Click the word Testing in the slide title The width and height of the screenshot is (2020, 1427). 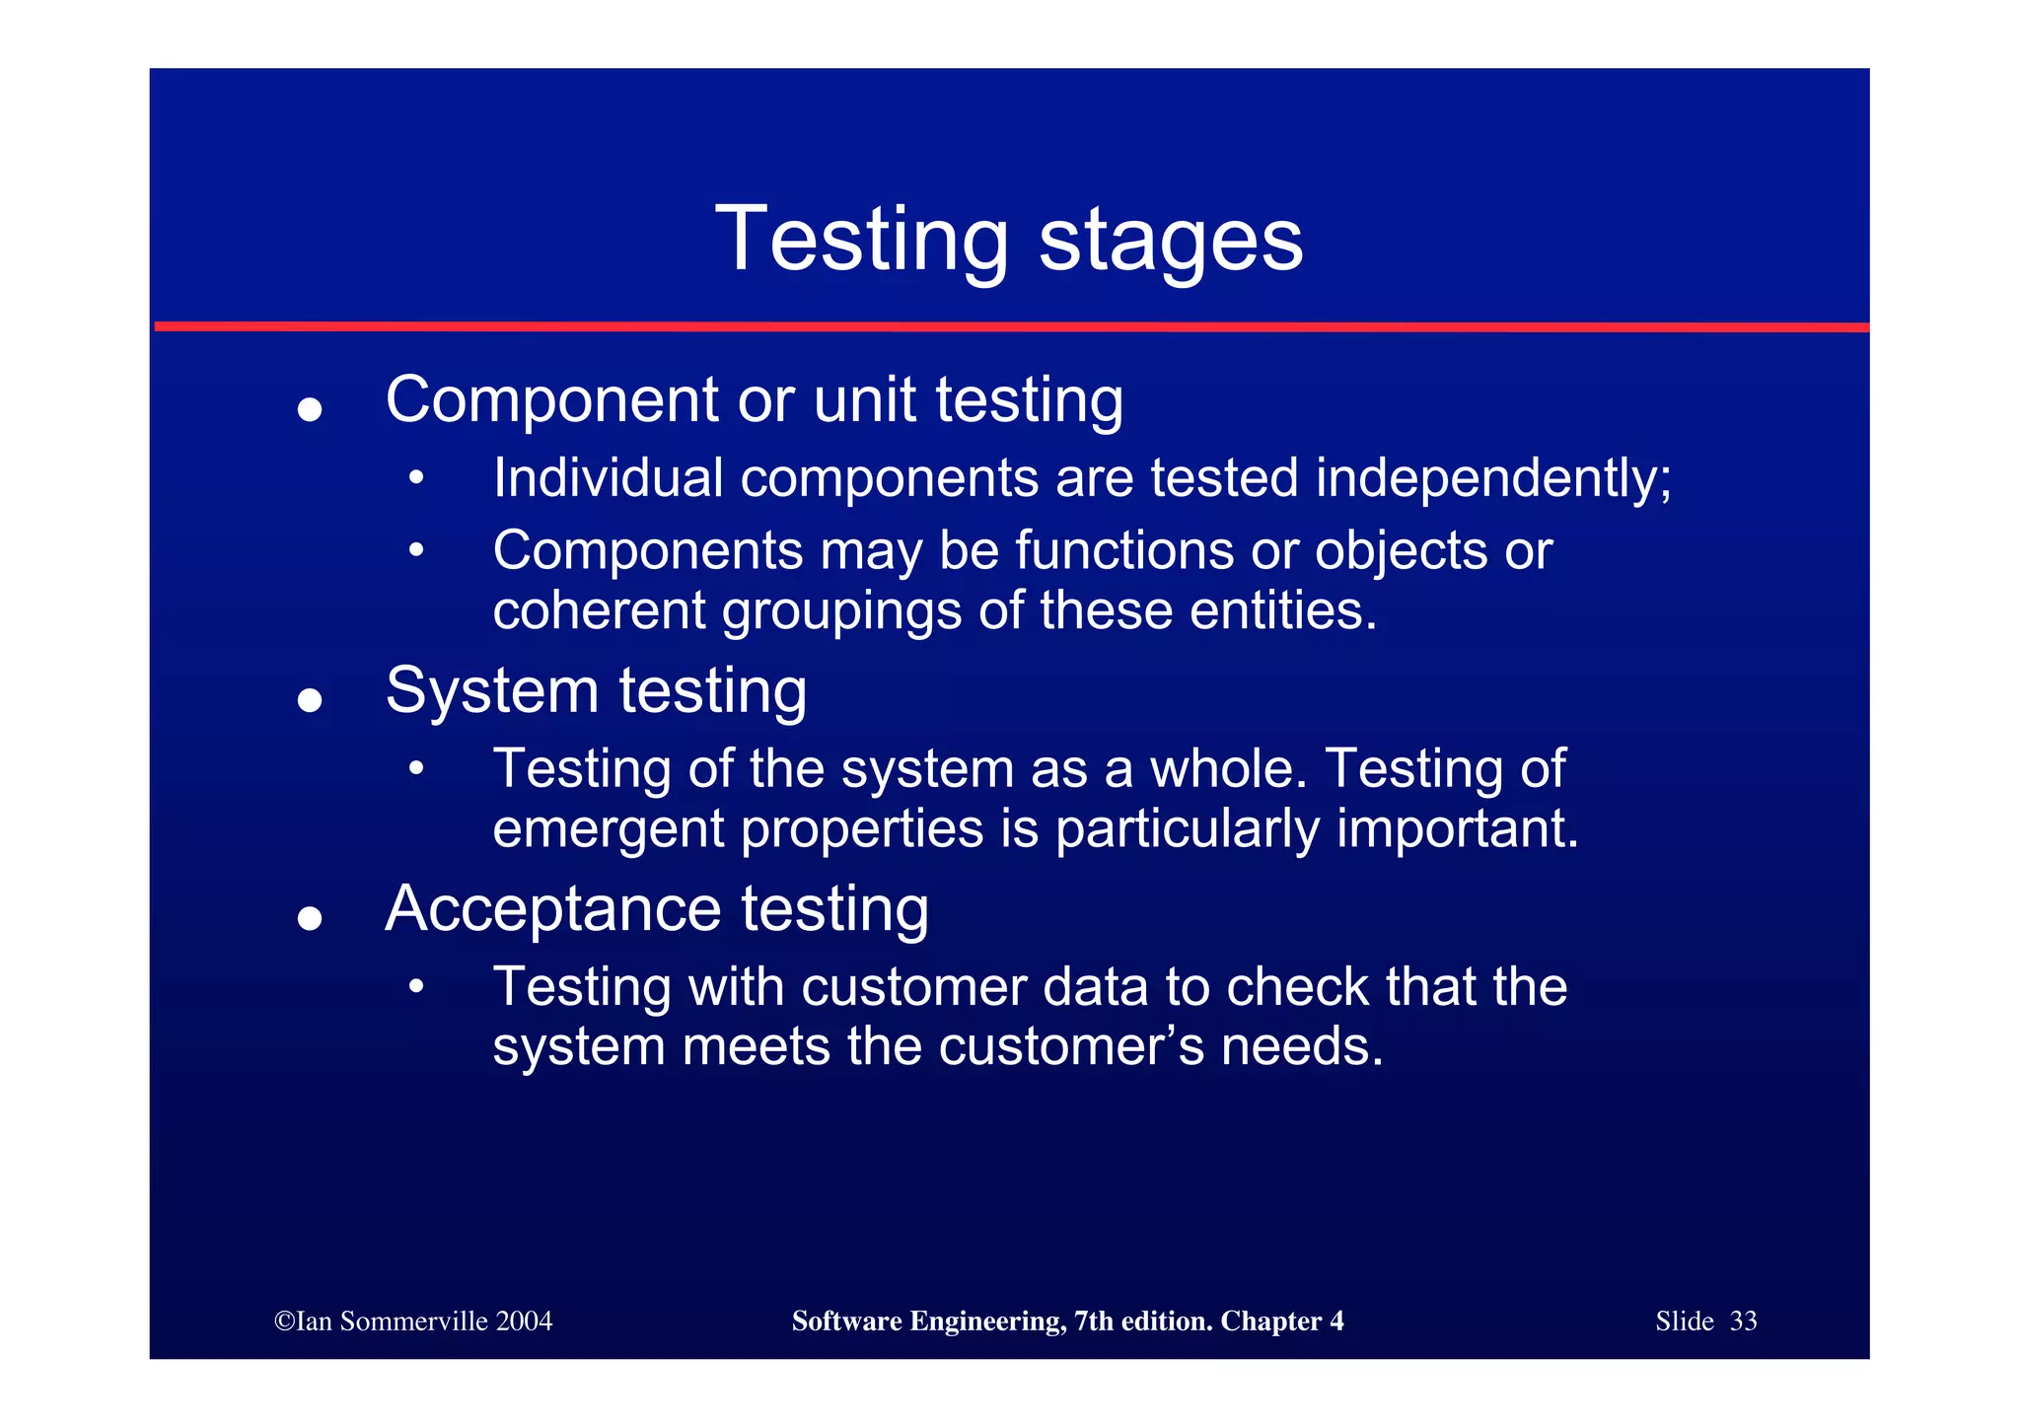861,240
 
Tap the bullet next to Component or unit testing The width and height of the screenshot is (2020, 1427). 310,409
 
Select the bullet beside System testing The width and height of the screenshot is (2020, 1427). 310,700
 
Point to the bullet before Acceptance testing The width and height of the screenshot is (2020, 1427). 310,918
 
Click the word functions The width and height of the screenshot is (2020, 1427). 1124,550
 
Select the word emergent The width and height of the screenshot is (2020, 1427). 609,828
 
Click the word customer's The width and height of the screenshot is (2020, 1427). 1071,1046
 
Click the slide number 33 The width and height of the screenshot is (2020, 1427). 1743,1321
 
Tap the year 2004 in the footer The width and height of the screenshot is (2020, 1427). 524,1321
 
